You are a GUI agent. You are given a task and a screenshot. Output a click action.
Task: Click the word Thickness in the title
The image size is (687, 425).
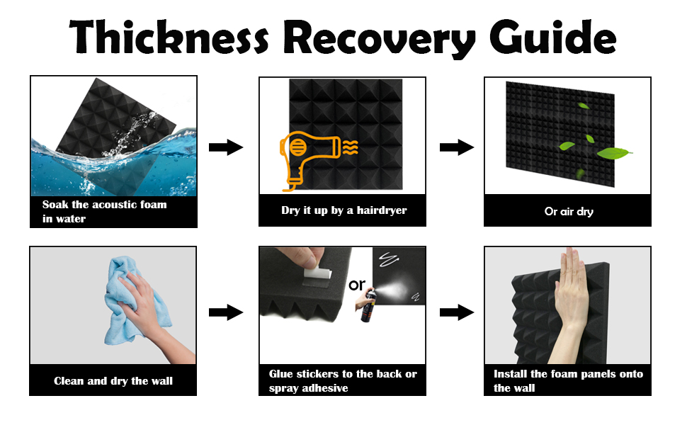(169, 37)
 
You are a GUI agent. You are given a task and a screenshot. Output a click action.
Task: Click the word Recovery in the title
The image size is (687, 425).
(379, 38)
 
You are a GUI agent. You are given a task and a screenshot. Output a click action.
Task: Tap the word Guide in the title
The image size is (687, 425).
(553, 38)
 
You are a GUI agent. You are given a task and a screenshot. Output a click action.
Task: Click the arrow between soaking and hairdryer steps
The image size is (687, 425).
(226, 147)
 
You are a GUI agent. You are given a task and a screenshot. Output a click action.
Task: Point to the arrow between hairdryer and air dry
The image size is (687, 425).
(457, 147)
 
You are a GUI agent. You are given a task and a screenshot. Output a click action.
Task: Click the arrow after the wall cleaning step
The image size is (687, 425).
(226, 312)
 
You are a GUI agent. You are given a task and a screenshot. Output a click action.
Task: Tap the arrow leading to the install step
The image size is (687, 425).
(457, 312)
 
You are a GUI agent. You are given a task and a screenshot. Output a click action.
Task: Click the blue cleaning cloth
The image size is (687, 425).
(132, 302)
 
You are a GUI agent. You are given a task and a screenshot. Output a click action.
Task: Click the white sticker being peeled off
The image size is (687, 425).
(318, 273)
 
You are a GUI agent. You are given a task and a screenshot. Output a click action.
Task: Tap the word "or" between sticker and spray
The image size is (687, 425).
(357, 285)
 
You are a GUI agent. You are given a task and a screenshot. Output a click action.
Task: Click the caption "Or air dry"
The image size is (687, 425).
(569, 212)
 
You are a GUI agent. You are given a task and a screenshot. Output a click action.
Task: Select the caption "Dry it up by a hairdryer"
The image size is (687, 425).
(344, 210)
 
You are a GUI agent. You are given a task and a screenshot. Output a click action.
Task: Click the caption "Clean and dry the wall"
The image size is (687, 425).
(113, 381)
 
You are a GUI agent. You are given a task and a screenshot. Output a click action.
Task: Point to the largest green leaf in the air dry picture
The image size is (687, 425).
(614, 153)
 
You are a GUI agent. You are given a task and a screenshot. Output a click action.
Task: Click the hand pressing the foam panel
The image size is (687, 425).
(569, 307)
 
